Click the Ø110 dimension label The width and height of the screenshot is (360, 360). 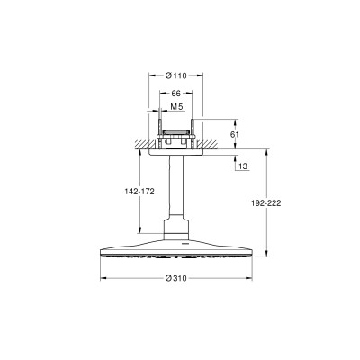[175, 76]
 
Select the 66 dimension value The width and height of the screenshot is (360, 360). [175, 94]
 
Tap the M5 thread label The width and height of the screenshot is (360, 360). [176, 106]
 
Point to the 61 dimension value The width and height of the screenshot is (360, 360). [235, 134]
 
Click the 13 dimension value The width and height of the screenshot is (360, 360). [244, 166]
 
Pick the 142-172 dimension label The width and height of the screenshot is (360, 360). [139, 192]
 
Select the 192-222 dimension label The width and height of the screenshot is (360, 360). [266, 203]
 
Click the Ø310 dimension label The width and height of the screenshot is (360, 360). [176, 278]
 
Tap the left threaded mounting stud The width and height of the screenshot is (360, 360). [160, 134]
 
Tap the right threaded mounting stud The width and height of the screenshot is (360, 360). [193, 134]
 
